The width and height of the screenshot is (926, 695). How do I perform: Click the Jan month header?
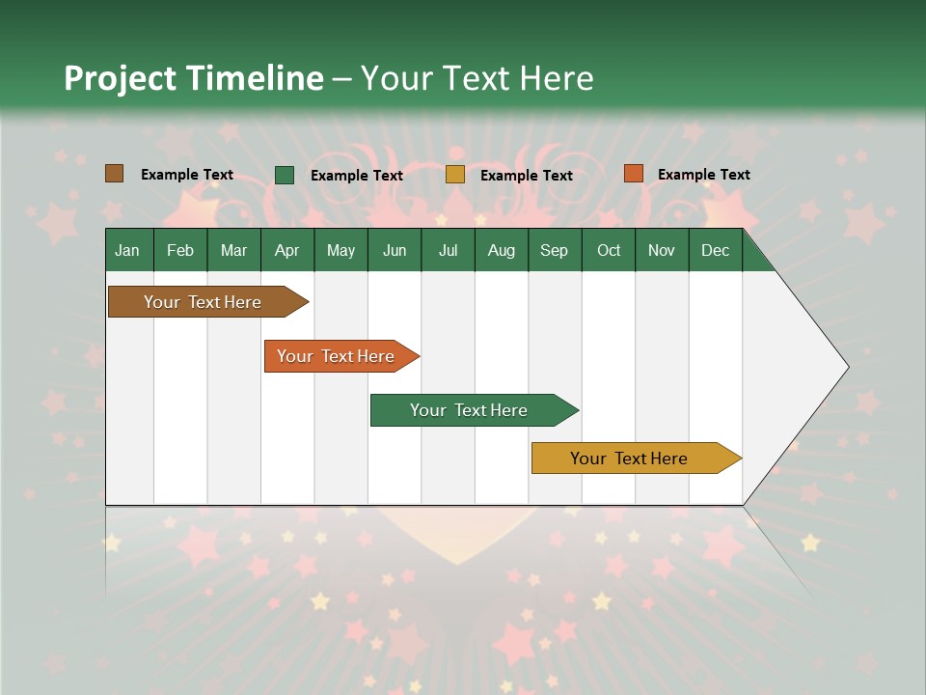[127, 250]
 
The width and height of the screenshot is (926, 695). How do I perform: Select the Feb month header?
[180, 250]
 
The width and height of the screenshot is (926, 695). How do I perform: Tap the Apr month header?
[286, 250]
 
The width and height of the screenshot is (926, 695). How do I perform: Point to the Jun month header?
[395, 250]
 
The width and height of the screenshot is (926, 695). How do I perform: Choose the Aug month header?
[501, 250]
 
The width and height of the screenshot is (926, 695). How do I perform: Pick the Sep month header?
[554, 250]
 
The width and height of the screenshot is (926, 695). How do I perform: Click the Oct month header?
[609, 250]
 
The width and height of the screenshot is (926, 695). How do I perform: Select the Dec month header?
[715, 250]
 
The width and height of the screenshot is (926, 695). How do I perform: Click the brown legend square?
[115, 174]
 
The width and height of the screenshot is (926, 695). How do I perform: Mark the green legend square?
[285, 175]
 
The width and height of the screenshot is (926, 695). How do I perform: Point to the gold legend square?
[455, 175]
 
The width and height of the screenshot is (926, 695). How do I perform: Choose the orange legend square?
[633, 174]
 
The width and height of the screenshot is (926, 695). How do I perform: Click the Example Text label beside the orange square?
[703, 175]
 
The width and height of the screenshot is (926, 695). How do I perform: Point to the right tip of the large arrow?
[846, 367]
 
